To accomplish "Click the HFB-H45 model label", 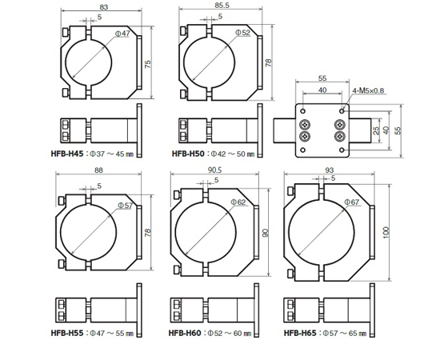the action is coord(67,154).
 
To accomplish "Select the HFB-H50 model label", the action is coord(188,154).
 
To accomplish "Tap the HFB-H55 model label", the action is coord(67,333).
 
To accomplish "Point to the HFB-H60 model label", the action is coord(185,333).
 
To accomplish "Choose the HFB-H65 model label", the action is coord(300,333).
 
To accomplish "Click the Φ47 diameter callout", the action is coord(122,34).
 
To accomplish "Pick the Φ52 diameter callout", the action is coord(242,33).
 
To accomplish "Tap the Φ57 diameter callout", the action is coord(126,206).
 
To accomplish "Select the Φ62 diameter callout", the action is coord(238,202).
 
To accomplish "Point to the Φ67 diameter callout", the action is coord(352,202).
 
